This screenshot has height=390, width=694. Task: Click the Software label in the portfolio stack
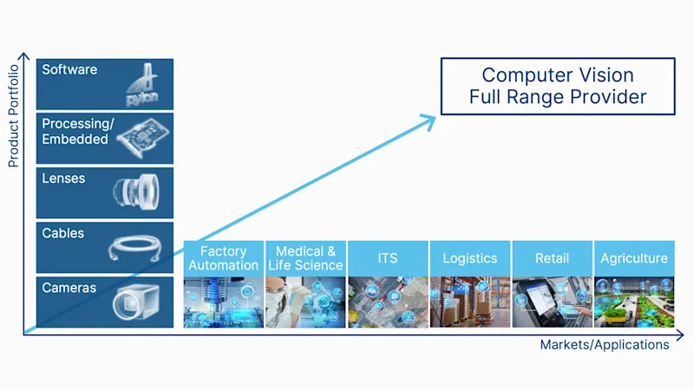[x=69, y=69]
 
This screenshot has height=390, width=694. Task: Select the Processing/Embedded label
[x=75, y=131]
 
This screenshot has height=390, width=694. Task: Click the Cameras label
[x=69, y=287]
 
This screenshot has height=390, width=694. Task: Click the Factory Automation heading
[x=224, y=257]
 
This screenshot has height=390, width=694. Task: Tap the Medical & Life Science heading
[x=305, y=257]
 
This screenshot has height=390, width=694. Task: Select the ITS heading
[x=388, y=258]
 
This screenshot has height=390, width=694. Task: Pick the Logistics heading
[x=470, y=258]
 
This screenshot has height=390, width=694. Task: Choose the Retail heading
[x=553, y=258]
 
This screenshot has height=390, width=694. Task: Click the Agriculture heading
[x=635, y=258]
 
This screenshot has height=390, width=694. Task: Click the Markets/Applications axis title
[x=605, y=345]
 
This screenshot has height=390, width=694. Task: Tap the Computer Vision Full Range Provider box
[x=558, y=87]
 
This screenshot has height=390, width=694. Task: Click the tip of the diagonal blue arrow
[x=435, y=116]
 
